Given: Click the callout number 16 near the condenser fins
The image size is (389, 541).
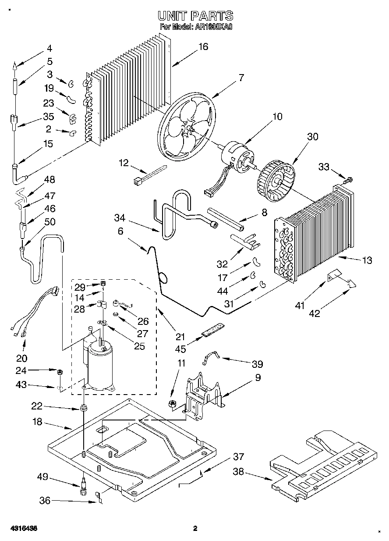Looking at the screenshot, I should point(203,46).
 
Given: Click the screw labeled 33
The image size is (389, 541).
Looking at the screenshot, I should point(349,179).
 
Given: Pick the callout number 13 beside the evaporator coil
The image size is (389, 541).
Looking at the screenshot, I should point(367,260).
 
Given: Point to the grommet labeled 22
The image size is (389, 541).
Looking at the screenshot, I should point(82,409).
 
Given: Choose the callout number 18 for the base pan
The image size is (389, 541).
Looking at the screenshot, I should point(37,422).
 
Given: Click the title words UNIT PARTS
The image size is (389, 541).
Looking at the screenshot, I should point(195,17).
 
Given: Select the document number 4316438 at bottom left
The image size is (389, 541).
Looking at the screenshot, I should point(21,528).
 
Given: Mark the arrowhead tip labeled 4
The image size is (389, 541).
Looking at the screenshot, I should point(15,67).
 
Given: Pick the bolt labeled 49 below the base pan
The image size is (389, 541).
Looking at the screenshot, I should point(83,488).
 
